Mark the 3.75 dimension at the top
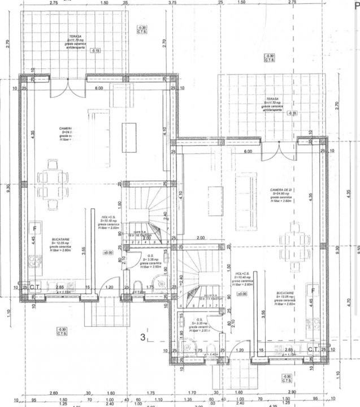[x=172, y=3]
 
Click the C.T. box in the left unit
[x=34, y=287]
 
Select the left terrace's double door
[x=68, y=88]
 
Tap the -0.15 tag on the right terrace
[x=292, y=113]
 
